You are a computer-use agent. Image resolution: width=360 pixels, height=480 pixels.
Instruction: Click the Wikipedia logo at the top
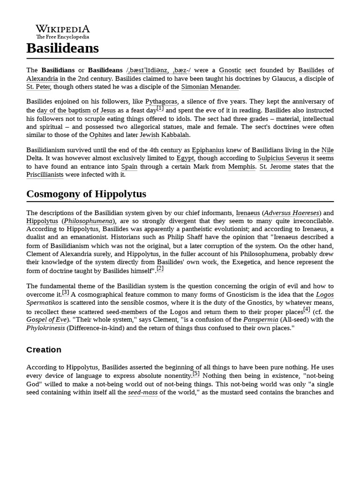(63, 31)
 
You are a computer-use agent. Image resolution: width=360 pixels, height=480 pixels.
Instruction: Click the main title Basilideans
(62, 48)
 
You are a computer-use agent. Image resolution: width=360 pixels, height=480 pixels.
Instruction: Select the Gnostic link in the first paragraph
(231, 70)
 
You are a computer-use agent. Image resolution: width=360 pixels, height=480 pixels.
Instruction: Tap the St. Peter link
(38, 87)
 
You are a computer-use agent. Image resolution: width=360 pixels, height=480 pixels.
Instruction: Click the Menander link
(225, 87)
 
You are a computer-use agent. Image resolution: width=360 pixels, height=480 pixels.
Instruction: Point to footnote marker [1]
(160, 108)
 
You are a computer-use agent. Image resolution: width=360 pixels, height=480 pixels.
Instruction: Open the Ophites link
(100, 135)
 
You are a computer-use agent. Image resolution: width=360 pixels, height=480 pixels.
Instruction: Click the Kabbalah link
(175, 135)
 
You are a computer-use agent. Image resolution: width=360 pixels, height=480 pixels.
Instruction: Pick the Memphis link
(241, 167)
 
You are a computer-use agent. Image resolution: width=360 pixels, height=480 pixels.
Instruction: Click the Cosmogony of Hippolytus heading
(86, 194)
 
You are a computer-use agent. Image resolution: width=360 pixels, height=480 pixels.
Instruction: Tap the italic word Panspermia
(260, 320)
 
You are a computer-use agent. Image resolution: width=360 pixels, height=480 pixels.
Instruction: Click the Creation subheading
(44, 350)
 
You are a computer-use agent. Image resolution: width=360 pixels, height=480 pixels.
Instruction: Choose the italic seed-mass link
(142, 392)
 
